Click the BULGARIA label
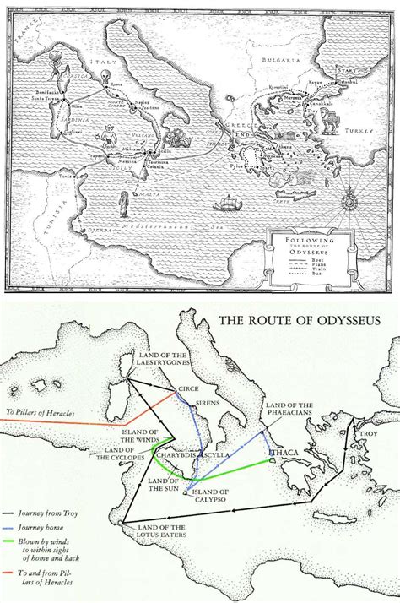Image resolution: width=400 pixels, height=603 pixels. click(283, 61)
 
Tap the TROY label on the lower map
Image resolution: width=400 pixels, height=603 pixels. click(367, 434)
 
